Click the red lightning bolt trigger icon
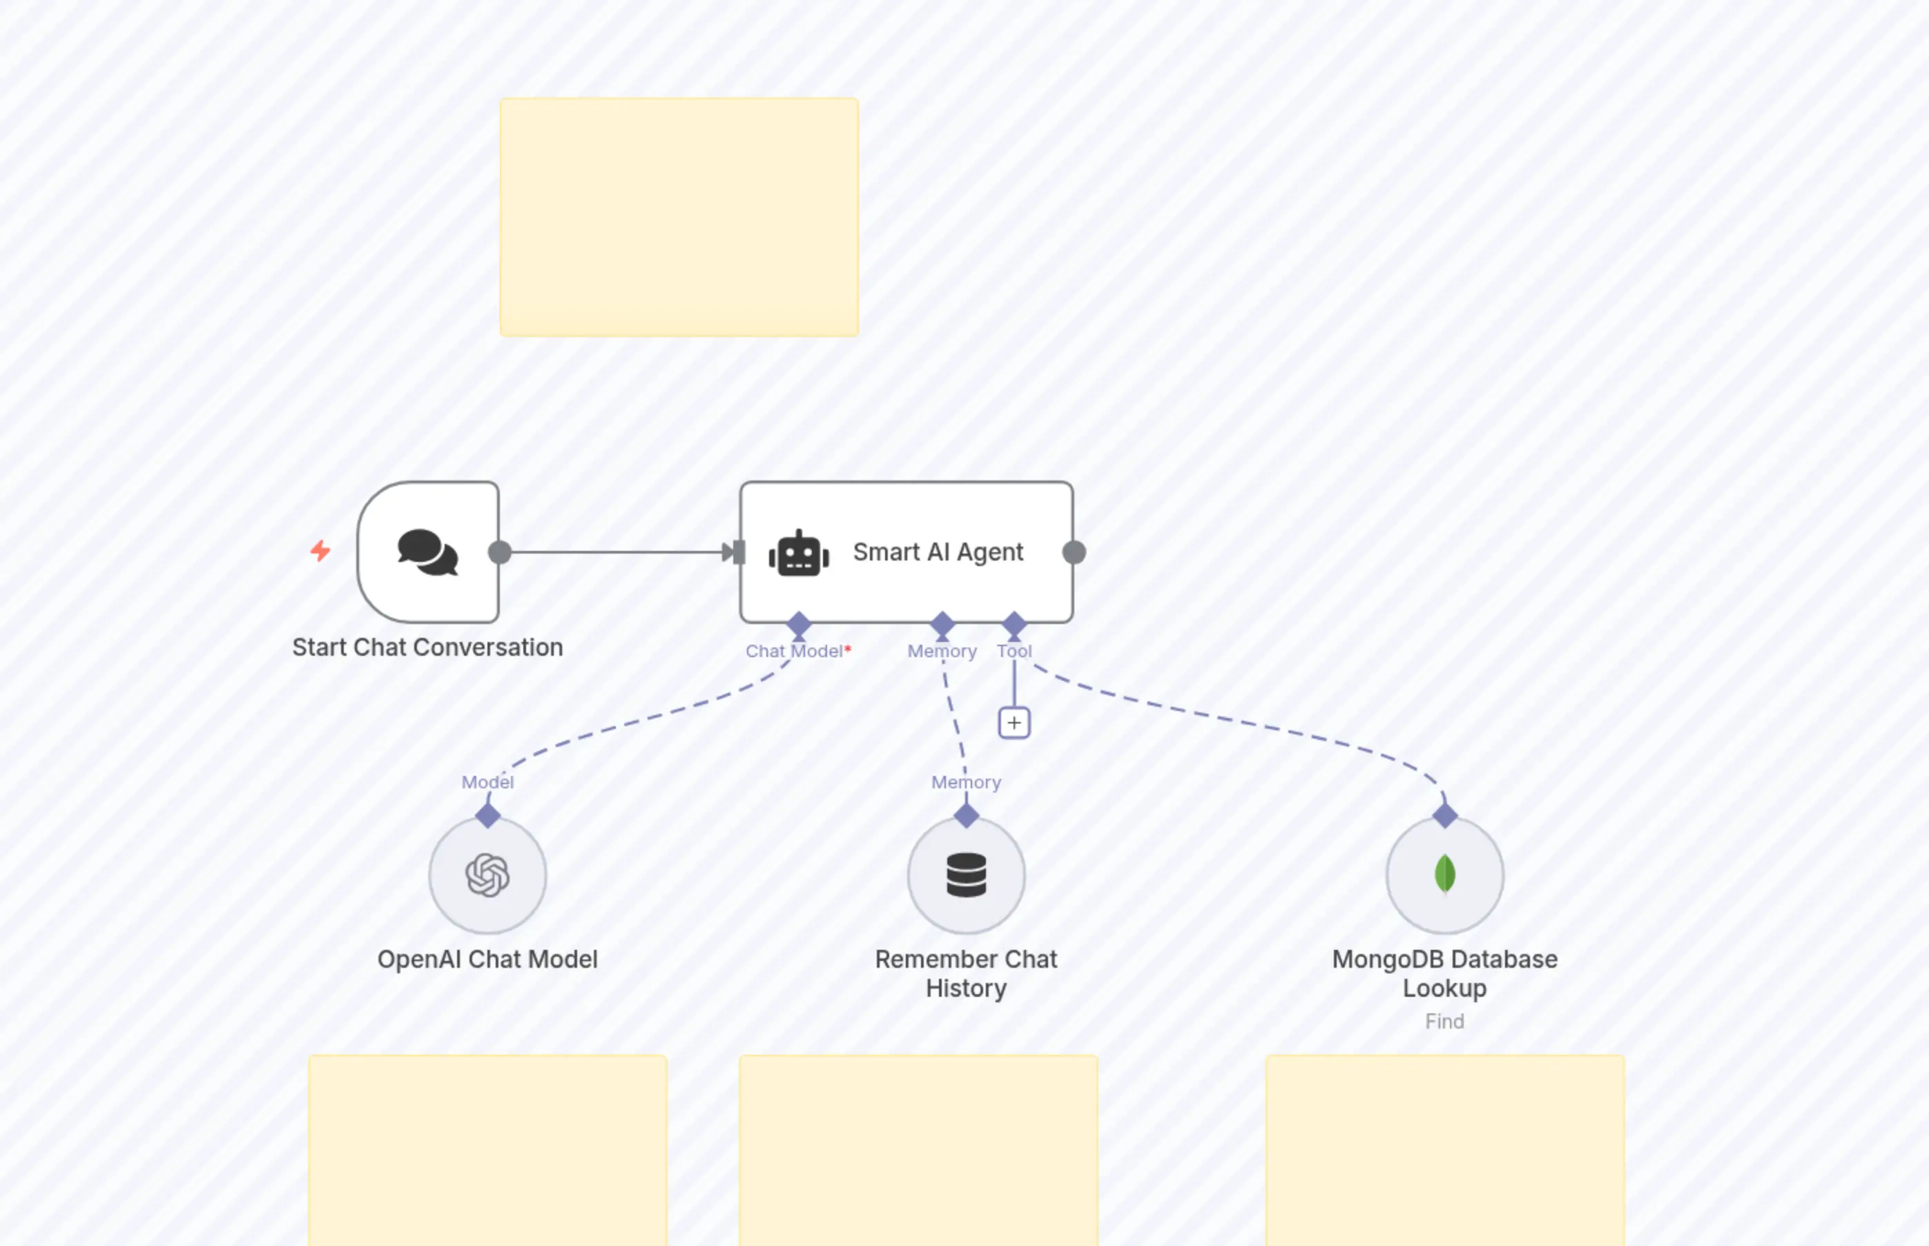pos(320,551)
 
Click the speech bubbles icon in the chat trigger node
pos(427,553)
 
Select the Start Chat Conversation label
pos(427,648)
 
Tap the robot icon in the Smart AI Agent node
pos(799,554)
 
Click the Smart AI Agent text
pos(937,552)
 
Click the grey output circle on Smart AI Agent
pos(1074,553)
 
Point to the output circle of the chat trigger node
pos(500,553)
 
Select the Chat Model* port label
pos(798,652)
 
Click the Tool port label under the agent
pos(1014,652)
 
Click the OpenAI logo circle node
pos(487,875)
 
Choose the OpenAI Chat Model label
pos(487,960)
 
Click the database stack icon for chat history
pos(966,875)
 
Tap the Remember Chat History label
pos(966,973)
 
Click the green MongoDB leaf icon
pos(1444,875)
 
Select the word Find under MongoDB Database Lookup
pos(1444,1022)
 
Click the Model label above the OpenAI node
pos(487,782)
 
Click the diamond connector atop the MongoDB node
pos(1444,815)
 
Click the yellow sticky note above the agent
pos(679,217)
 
